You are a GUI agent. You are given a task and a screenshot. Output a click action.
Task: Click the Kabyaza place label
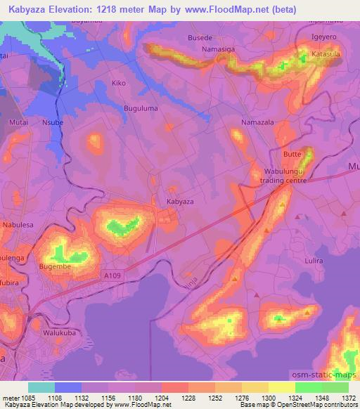point(179,202)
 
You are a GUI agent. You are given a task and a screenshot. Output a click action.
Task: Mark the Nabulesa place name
point(18,225)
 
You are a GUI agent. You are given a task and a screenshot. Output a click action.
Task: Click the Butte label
point(292,153)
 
